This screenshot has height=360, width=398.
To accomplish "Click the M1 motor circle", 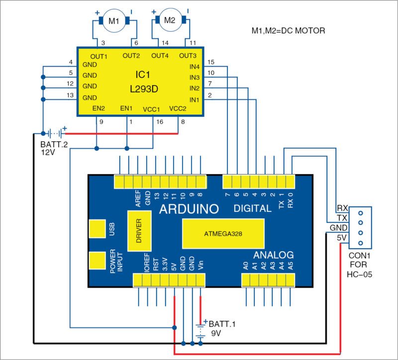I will click(113, 21).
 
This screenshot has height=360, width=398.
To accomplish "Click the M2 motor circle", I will click(170, 20).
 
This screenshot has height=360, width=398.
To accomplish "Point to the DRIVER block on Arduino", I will click(139, 231).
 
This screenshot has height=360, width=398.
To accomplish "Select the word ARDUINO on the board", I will click(189, 209).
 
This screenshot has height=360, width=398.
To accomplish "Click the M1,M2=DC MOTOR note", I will click(288, 31).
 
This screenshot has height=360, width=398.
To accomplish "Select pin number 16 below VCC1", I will click(159, 121).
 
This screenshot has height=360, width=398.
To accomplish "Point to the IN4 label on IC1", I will click(195, 66).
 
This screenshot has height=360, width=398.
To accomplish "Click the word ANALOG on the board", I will click(274, 254).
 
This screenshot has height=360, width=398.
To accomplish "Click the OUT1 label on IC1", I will click(99, 56).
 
